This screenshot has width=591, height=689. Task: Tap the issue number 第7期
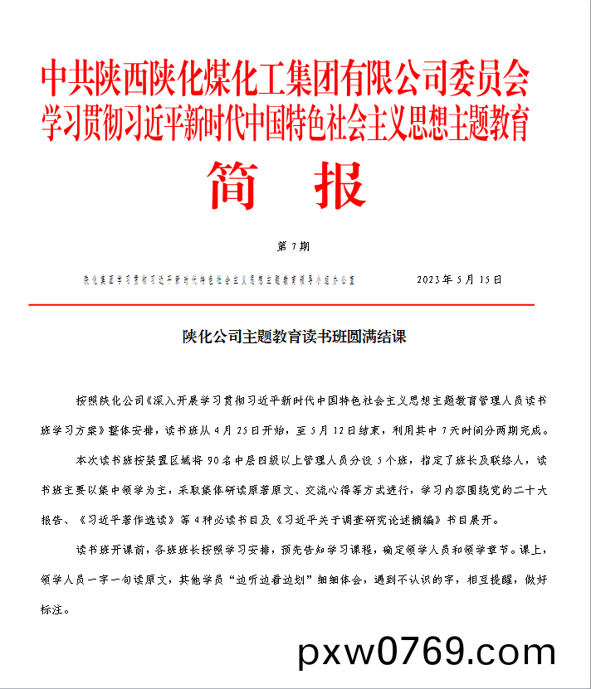pos(291,246)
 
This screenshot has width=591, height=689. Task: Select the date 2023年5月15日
pos(459,279)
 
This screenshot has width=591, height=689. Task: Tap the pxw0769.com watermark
pos(427,652)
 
